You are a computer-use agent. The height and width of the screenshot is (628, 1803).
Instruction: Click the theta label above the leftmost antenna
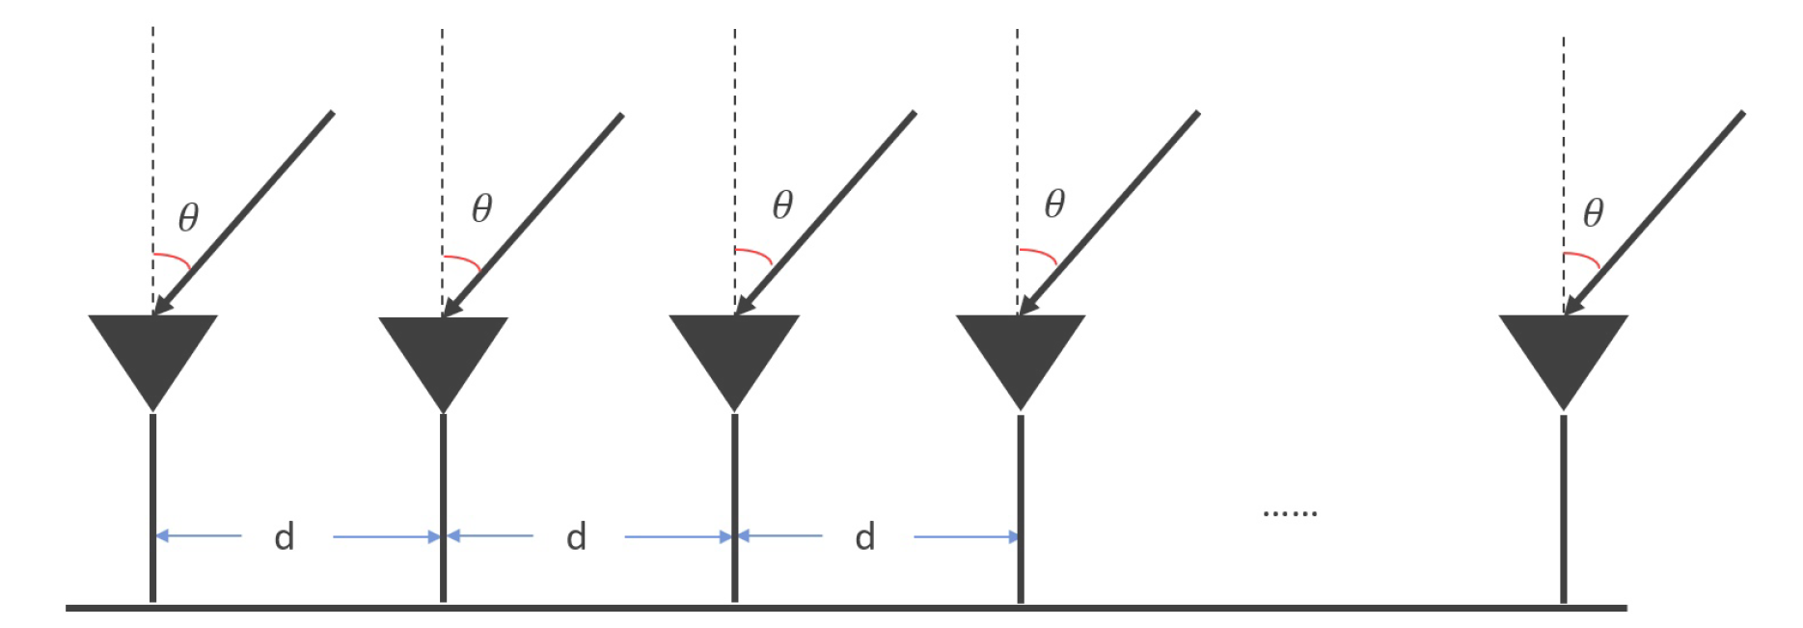[188, 217]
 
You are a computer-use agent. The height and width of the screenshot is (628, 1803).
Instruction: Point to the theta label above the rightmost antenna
[1593, 212]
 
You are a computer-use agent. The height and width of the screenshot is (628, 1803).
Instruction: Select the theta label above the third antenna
[782, 205]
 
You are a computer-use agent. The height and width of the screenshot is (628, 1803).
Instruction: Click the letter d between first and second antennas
[284, 536]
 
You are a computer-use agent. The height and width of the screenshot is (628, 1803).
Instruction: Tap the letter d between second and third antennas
[576, 536]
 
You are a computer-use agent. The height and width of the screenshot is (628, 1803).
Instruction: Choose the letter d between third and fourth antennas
[865, 536]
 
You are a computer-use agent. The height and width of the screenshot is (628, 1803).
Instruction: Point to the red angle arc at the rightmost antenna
[1585, 258]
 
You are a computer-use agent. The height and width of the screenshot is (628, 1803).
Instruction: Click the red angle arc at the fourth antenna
[1041, 254]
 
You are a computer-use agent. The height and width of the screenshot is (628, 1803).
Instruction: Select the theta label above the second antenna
[481, 207]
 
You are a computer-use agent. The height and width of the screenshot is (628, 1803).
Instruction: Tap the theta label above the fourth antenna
[1054, 204]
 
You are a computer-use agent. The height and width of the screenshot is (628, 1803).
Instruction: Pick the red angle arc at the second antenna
[465, 259]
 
